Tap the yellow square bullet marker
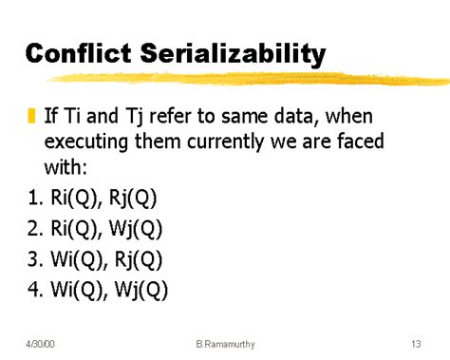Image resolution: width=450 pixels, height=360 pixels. pos(32,117)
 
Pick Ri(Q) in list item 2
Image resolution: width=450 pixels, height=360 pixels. pos(71,227)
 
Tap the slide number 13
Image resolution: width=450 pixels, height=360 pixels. pos(416,341)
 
